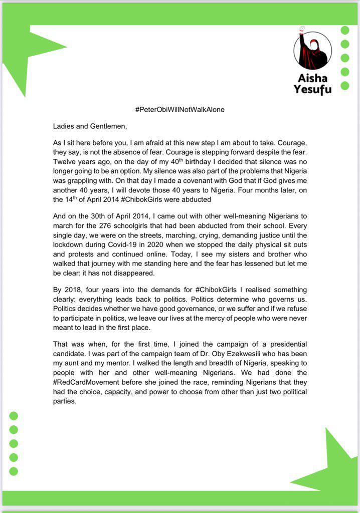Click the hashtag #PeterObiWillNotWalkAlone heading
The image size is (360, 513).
[x=179, y=109]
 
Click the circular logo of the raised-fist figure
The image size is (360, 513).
[x=312, y=51]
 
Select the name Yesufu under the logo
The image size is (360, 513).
[x=312, y=90]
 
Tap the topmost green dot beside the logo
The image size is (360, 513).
[x=345, y=30]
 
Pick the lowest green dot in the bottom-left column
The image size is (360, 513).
[x=14, y=471]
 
